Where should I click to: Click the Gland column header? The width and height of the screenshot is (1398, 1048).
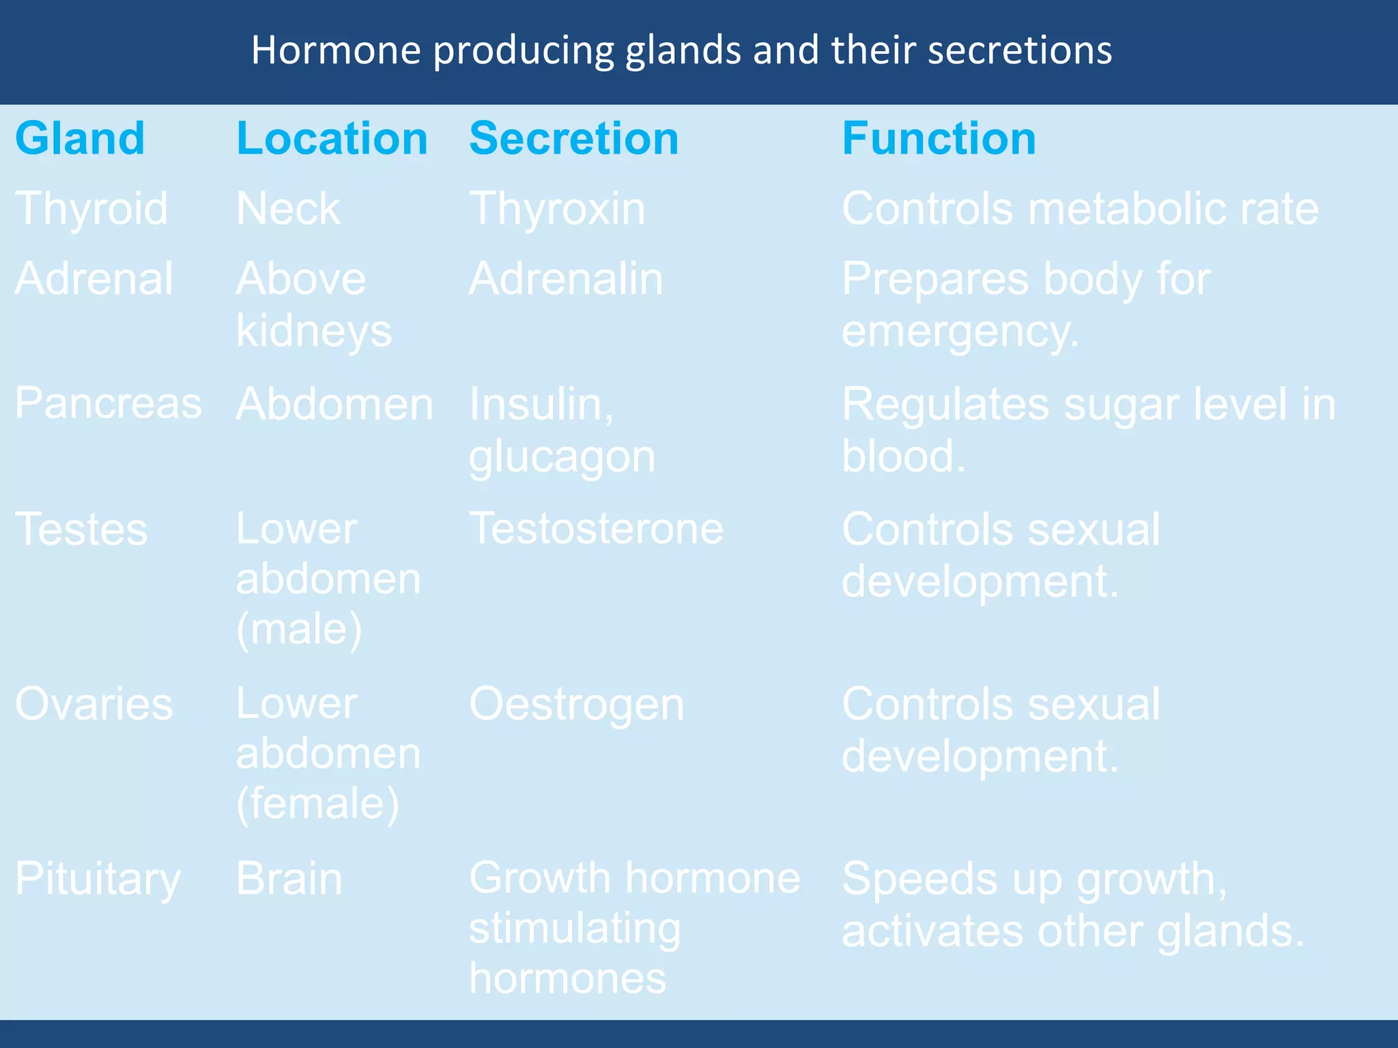click(x=80, y=139)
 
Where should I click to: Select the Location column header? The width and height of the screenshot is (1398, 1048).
click(x=332, y=139)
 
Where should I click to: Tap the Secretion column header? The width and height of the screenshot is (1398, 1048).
click(x=573, y=139)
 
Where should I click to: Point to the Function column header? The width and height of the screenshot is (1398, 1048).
click(x=939, y=139)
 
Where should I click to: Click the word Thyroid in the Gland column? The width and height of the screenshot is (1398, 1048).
click(x=91, y=209)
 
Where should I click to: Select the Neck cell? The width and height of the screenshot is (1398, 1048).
click(x=287, y=209)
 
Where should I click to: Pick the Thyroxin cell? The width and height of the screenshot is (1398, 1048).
click(x=556, y=209)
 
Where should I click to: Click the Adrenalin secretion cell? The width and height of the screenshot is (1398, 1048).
click(x=565, y=279)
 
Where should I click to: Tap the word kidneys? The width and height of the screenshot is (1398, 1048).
click(x=313, y=332)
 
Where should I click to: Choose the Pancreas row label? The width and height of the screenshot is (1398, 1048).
click(x=108, y=403)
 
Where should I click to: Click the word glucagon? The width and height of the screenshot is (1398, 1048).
click(x=561, y=457)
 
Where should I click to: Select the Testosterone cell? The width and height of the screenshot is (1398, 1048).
click(x=595, y=529)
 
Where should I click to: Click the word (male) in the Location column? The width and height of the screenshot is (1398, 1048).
click(x=298, y=629)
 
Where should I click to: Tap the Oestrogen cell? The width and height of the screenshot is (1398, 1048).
click(x=575, y=704)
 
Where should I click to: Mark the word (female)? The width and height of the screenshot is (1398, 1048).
click(x=317, y=804)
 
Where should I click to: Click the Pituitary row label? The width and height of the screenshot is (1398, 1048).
click(x=98, y=879)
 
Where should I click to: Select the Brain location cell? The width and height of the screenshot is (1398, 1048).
click(x=288, y=879)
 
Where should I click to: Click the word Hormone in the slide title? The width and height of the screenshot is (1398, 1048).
click(x=336, y=50)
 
